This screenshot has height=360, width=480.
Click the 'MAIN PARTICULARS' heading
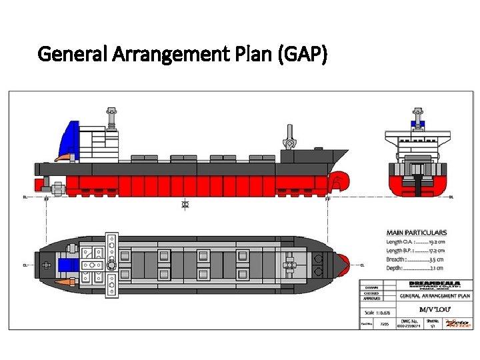(417, 233)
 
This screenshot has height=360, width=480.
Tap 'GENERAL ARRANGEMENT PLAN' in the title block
(435, 295)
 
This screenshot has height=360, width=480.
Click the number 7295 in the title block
(385, 324)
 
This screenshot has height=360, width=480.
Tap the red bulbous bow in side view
(339, 181)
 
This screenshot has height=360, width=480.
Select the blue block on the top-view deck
(68, 265)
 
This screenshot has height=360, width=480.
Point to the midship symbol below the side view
(185, 204)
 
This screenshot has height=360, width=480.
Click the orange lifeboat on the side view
(65, 157)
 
